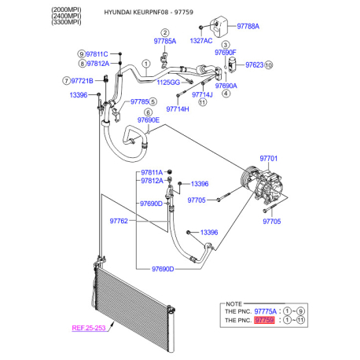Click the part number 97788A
[248, 26]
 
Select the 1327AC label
[201, 41]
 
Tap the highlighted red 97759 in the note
[264, 320]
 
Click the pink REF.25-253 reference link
[89, 328]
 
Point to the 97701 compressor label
[268, 159]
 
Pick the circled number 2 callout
[165, 33]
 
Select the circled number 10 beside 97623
[269, 65]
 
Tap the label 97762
[119, 221]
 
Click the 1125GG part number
[168, 83]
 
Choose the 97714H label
[178, 109]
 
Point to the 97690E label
[149, 120]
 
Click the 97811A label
[152, 172]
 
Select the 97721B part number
[82, 81]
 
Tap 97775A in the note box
[265, 311]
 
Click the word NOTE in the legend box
[233, 304]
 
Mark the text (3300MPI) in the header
[66, 22]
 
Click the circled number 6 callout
[149, 112]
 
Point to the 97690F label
[226, 53]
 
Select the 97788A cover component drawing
[219, 25]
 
